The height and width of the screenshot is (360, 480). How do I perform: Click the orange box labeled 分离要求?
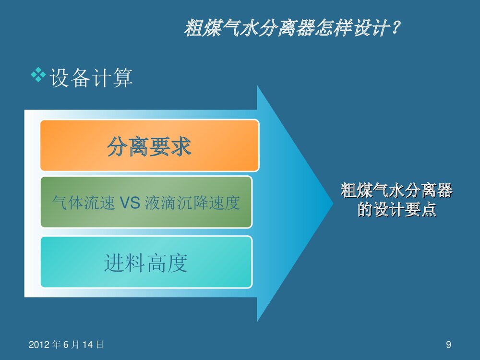point(149,145)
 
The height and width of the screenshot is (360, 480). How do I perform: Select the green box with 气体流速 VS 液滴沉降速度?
point(146,202)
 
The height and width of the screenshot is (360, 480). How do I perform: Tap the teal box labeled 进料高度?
point(146,262)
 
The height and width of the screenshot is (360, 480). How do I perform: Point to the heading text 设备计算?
point(91,78)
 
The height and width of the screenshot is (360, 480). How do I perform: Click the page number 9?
point(448,344)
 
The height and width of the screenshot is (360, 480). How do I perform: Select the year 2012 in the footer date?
point(38,345)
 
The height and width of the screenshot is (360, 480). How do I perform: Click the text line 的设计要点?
point(396,210)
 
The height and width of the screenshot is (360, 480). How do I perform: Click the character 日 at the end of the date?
point(100,345)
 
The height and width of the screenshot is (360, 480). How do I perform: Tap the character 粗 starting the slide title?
point(193,29)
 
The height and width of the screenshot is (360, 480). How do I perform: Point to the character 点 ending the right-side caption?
point(429,210)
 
